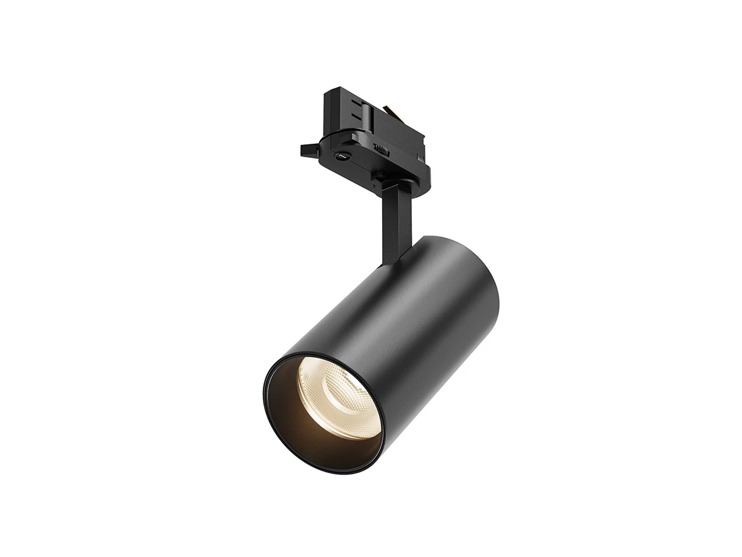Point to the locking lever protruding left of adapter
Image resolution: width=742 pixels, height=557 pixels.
pyautogui.click(x=309, y=150)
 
